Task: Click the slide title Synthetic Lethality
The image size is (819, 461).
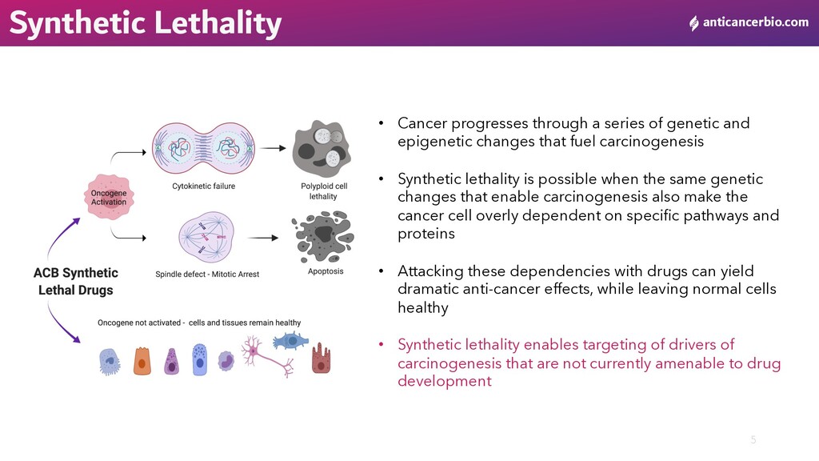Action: [145, 23]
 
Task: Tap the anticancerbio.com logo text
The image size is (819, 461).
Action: [755, 22]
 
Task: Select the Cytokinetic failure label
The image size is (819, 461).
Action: [203, 186]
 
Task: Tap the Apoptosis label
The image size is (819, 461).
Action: [326, 271]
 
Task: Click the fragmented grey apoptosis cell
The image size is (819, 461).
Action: [324, 235]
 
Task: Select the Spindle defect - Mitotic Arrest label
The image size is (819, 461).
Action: [207, 275]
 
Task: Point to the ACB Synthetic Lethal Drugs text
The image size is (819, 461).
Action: [76, 282]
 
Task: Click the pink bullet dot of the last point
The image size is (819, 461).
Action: [382, 345]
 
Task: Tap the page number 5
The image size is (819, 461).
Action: [753, 439]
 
